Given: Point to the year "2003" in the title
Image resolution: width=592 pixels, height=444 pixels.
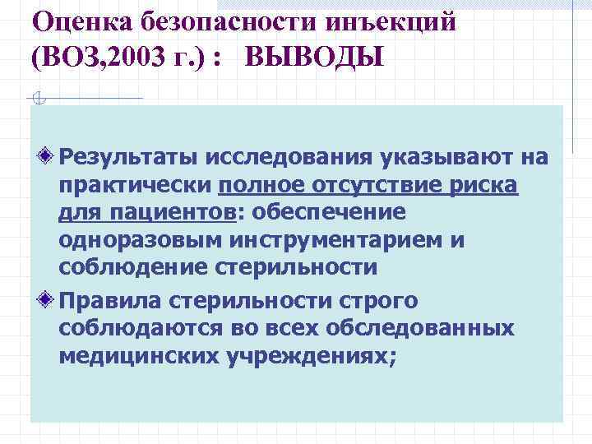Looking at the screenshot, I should pos(143,58).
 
